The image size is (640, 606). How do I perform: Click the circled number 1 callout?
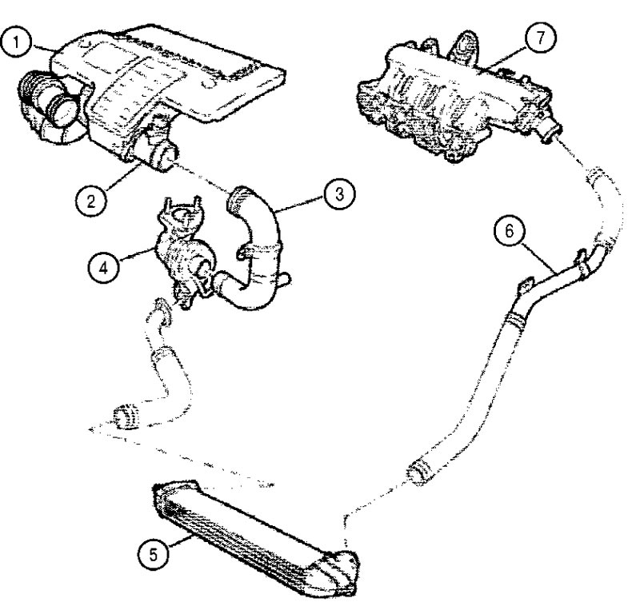(16, 42)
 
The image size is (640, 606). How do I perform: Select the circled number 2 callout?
(90, 200)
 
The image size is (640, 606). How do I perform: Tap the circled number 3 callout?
(339, 194)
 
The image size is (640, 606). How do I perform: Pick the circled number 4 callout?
(104, 268)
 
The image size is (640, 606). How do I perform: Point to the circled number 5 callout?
(154, 555)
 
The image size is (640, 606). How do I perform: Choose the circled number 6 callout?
(509, 231)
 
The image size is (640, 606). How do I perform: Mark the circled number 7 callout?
(541, 38)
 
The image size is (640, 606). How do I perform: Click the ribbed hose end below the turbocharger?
(127, 416)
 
